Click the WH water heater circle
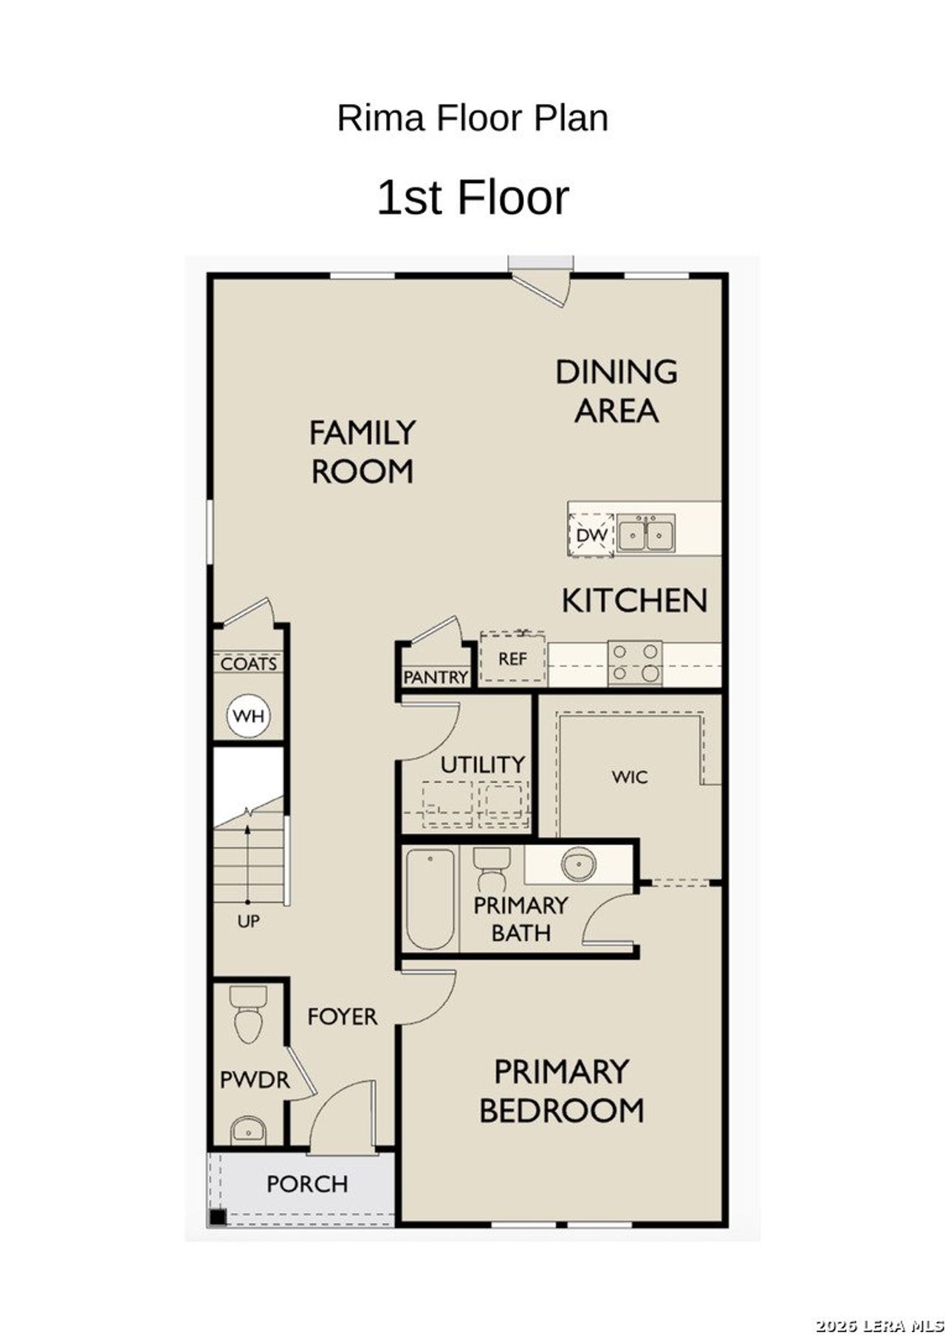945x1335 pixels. (248, 716)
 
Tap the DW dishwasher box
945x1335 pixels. (591, 535)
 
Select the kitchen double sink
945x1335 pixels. (645, 535)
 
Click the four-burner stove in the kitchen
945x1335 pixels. (635, 663)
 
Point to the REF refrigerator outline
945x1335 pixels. (512, 658)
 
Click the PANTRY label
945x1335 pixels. (436, 677)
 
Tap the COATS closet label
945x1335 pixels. (249, 663)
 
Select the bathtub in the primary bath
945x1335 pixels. (430, 899)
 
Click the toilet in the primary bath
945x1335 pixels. (491, 868)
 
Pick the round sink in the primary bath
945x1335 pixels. (578, 863)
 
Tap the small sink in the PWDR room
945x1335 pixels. (247, 1130)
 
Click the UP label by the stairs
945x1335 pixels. (248, 922)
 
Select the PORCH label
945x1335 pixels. (307, 1184)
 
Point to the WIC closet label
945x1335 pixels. (630, 777)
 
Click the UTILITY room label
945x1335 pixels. (483, 765)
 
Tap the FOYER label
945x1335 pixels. (342, 1017)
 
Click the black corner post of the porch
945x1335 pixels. (217, 1216)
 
